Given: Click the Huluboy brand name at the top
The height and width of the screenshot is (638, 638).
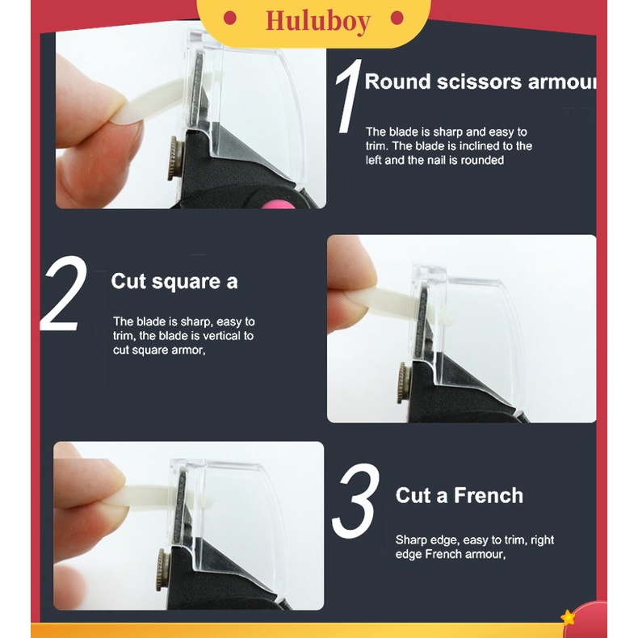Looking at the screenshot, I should [x=317, y=20].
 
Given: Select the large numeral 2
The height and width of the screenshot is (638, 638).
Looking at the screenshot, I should [x=63, y=295].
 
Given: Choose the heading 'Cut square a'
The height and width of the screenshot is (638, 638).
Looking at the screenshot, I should [x=174, y=281].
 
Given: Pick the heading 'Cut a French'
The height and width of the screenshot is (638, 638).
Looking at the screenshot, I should [x=459, y=495].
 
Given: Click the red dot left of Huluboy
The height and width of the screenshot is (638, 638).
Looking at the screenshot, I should [x=229, y=18].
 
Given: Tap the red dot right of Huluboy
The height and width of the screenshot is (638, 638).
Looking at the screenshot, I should [x=396, y=18].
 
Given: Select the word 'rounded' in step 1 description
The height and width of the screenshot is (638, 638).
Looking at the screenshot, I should [x=481, y=160].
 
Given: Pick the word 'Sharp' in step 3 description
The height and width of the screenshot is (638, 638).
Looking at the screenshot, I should [x=410, y=539].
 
